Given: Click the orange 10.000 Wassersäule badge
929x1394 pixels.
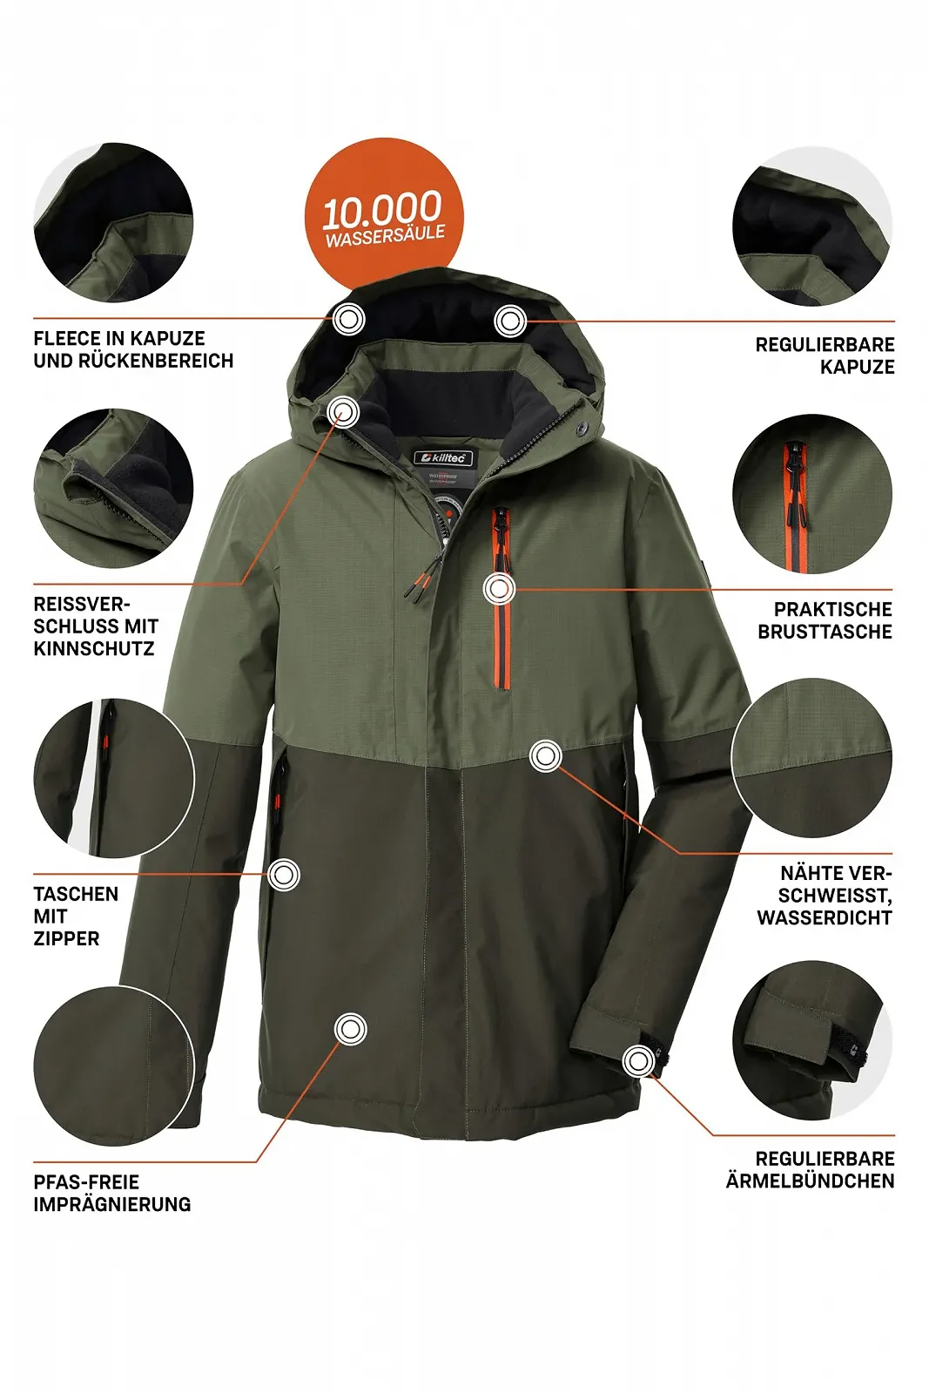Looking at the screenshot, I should pyautogui.click(x=383, y=214).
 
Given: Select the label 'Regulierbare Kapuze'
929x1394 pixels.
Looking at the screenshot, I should pyautogui.click(x=825, y=355).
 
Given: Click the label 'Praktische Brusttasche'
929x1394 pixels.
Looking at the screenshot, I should pyautogui.click(x=825, y=620).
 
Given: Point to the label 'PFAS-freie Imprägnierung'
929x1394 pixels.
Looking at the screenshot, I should pyautogui.click(x=111, y=1193).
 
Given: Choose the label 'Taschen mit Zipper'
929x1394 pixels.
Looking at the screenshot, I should pyautogui.click(x=76, y=916).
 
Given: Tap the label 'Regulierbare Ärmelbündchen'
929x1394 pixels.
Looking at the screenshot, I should pyautogui.click(x=811, y=1169).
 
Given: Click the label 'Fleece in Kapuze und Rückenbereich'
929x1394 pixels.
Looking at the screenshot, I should pyautogui.click(x=133, y=349).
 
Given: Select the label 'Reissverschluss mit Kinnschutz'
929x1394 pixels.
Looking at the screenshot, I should pyautogui.click(x=96, y=626).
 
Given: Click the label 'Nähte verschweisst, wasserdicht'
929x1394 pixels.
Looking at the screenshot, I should pyautogui.click(x=825, y=895).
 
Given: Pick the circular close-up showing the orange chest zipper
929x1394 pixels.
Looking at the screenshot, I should pyautogui.click(x=811, y=493).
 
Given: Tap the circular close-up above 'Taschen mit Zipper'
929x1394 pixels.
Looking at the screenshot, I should pyautogui.click(x=113, y=777).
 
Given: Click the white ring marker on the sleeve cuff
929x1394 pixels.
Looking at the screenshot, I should pyautogui.click(x=638, y=1060).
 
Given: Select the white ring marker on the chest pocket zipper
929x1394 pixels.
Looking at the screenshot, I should pyautogui.click(x=499, y=589).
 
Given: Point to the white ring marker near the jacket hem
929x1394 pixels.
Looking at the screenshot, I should pyautogui.click(x=350, y=1029).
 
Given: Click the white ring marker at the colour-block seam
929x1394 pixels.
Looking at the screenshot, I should pyautogui.click(x=546, y=755).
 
